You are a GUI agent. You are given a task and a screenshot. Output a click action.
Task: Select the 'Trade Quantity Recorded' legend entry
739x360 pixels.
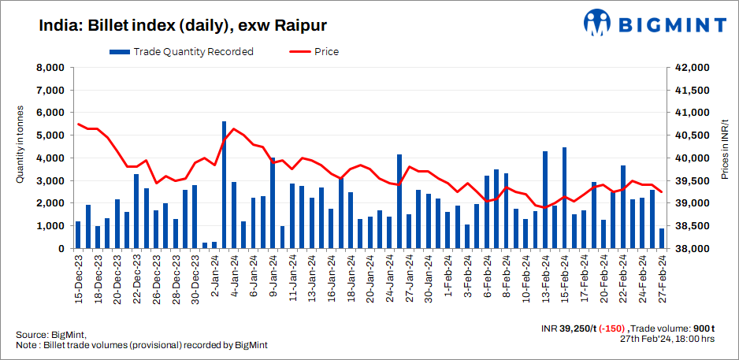182,52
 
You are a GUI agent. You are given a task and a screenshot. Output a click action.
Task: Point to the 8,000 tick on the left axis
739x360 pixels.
50,68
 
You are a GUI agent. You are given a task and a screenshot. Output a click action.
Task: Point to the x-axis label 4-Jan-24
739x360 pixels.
234,280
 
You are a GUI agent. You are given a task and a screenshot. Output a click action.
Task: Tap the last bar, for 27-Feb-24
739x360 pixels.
662,239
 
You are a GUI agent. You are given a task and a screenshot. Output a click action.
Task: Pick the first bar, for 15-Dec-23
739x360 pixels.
78,235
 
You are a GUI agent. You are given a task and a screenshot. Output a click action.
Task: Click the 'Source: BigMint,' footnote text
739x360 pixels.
50,335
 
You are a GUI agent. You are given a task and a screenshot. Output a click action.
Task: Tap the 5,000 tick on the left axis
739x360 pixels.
50,135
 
